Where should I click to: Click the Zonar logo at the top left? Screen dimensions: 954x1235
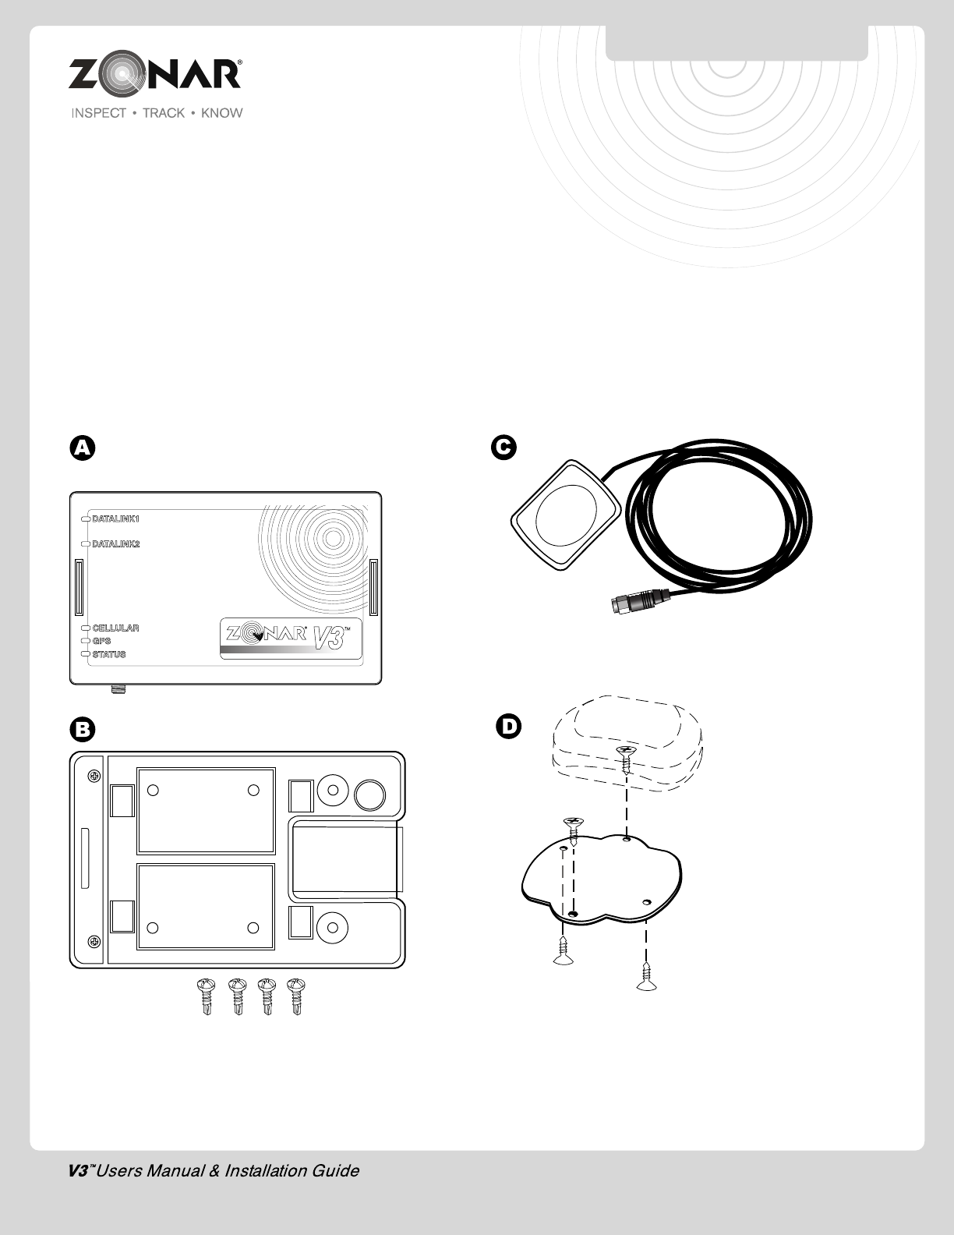(x=155, y=75)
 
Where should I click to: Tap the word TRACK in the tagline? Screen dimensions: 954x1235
(x=164, y=113)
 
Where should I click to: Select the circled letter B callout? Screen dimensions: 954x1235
(x=83, y=730)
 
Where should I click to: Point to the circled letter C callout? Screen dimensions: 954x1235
(x=503, y=448)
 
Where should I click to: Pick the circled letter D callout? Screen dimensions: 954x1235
(x=508, y=727)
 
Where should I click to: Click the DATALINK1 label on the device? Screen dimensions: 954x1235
(x=115, y=518)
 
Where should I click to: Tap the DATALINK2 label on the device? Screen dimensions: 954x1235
(x=115, y=544)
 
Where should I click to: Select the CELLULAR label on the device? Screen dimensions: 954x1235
(x=115, y=628)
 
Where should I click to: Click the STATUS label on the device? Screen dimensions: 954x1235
(x=108, y=654)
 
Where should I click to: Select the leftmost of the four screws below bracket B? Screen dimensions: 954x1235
(x=207, y=996)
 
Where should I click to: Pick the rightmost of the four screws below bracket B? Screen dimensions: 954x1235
(x=295, y=996)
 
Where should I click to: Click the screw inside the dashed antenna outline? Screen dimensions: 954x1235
(x=626, y=755)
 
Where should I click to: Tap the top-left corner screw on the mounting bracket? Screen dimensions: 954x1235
(x=94, y=776)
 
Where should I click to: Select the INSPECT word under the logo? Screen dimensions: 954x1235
(x=99, y=113)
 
